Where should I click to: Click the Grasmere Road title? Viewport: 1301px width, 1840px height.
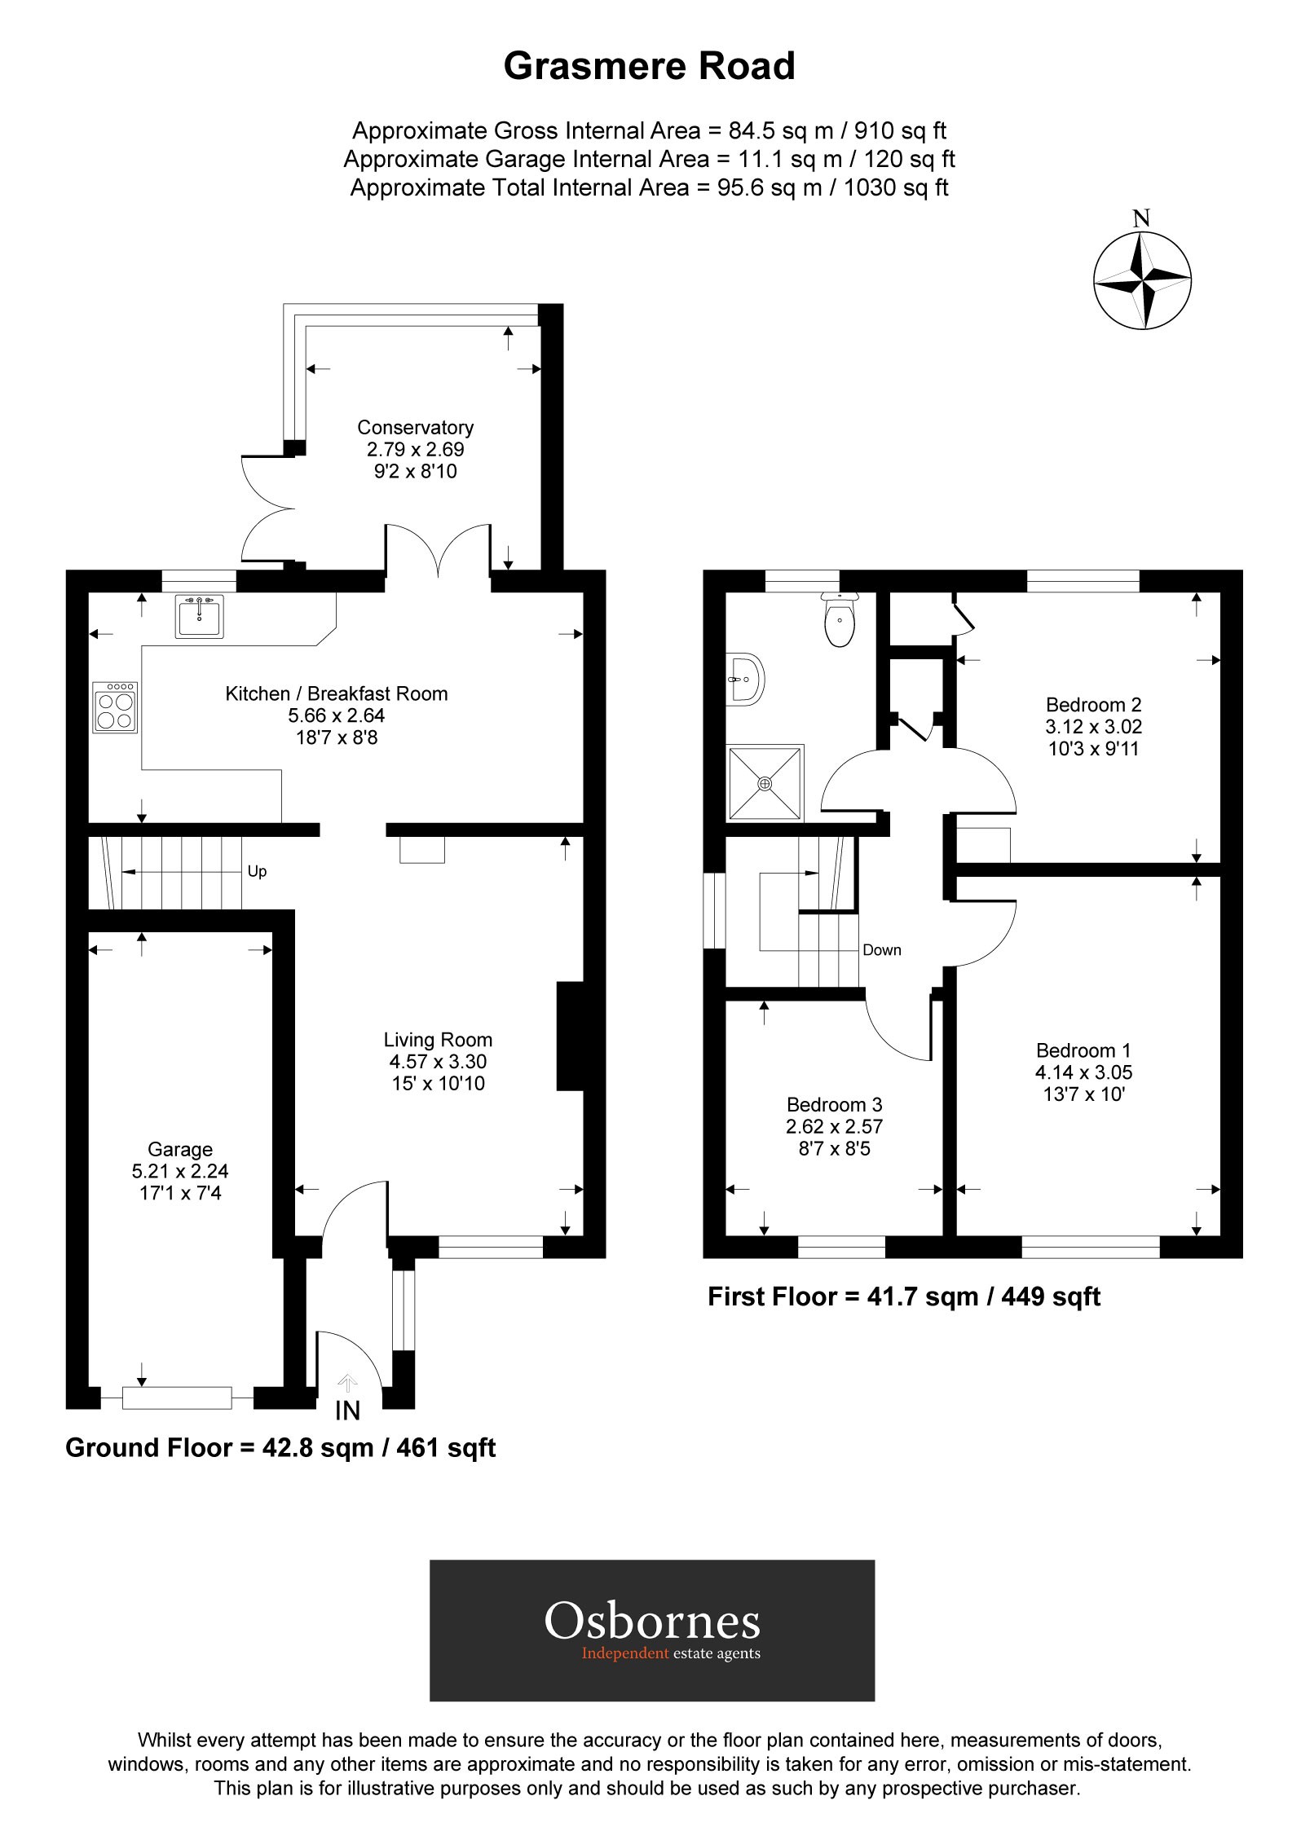[649, 66]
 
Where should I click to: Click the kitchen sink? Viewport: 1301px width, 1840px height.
[198, 616]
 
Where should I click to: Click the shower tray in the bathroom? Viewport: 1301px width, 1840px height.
[765, 782]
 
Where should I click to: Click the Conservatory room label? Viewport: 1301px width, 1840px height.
[415, 427]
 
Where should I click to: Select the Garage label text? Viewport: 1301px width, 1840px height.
[180, 1149]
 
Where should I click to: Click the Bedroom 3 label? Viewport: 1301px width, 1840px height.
[834, 1104]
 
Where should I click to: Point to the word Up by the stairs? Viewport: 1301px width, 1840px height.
[257, 871]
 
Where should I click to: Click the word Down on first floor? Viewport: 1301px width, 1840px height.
[881, 949]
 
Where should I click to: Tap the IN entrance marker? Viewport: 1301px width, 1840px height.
[347, 1411]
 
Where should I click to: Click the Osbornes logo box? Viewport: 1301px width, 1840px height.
[651, 1630]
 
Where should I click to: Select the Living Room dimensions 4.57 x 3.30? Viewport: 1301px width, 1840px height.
[438, 1061]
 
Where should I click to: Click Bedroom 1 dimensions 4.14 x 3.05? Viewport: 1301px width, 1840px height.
[1083, 1072]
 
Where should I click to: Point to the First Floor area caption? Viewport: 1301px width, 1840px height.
[903, 1296]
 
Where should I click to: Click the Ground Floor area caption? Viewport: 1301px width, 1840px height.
[280, 1447]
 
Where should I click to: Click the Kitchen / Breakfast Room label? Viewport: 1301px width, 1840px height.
[337, 693]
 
